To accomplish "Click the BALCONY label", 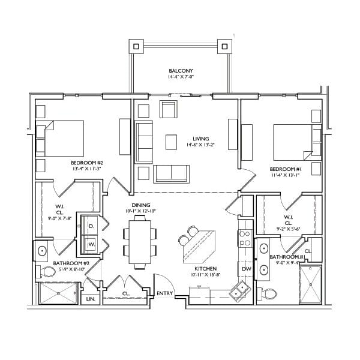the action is (181, 71).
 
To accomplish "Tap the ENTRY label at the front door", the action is (164, 293).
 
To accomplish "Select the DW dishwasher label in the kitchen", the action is (247, 269).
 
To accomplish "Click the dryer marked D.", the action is (91, 226).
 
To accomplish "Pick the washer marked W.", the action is (91, 245).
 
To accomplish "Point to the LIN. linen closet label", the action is (91, 299).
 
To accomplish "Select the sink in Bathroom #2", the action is (42, 251).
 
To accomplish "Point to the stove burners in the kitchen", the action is (245, 238).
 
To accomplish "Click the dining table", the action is (140, 242).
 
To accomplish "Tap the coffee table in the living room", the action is (171, 142).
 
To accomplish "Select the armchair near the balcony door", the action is (169, 109).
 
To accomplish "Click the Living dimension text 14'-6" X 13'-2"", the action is (200, 145).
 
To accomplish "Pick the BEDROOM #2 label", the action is (87, 163).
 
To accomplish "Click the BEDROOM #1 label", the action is (286, 169).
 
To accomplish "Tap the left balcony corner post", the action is (136, 46).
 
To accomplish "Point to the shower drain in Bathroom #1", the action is (310, 284).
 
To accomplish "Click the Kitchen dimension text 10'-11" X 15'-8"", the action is (205, 275).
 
